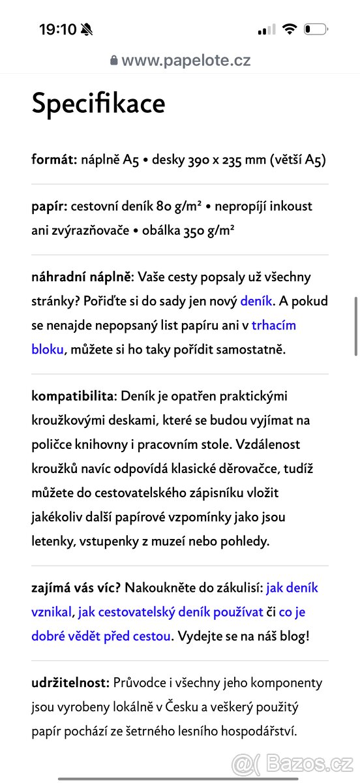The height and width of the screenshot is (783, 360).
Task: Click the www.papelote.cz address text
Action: click(x=186, y=61)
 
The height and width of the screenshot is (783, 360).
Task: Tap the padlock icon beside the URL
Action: click(x=114, y=61)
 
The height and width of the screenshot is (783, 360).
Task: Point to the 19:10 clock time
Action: click(x=57, y=29)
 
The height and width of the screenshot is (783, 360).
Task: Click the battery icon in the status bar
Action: click(x=316, y=29)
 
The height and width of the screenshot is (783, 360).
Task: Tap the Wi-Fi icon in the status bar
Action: click(x=290, y=29)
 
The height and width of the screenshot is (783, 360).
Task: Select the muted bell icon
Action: click(x=87, y=29)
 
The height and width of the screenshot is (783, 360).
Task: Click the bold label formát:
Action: click(x=55, y=160)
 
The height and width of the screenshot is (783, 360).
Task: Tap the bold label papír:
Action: click(x=50, y=206)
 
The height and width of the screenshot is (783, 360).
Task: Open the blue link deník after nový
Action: click(x=256, y=301)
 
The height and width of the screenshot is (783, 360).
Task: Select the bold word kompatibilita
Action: click(x=73, y=397)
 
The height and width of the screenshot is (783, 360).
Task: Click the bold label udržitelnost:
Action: click(x=70, y=683)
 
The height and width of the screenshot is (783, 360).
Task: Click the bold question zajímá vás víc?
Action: click(x=75, y=588)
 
